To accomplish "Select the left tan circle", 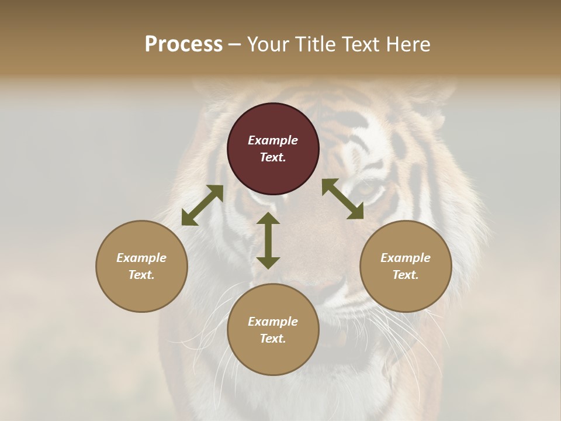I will (141, 266).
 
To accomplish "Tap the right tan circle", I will (406, 266).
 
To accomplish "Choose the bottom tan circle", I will (273, 329).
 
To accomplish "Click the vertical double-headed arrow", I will (268, 240).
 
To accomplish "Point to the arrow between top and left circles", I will (202, 205).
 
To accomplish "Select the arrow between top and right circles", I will (342, 199).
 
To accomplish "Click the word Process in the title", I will (183, 44).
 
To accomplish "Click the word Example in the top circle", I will (273, 140).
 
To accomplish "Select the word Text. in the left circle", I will (141, 275).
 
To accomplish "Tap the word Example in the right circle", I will (406, 258).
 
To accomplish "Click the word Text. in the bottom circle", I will (273, 339).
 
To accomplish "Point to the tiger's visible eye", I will (366, 188).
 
